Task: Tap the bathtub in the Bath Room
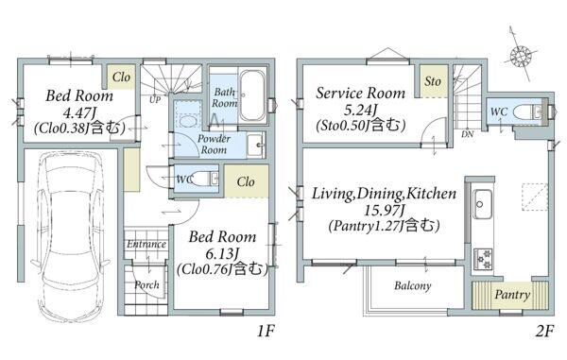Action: [252, 95]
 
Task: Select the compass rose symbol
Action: [521, 56]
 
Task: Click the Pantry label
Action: [512, 295]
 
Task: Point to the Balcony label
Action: [413, 286]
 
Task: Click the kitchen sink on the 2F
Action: [482, 203]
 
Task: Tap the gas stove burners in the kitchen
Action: [482, 259]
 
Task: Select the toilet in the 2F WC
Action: [528, 111]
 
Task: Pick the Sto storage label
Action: [433, 81]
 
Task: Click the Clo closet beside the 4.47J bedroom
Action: [122, 77]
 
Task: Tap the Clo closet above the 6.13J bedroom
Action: [246, 181]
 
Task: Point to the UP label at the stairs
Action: [155, 99]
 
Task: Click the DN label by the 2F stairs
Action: [468, 134]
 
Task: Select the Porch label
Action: [146, 284]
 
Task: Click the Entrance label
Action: [146, 245]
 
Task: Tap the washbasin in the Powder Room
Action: [256, 145]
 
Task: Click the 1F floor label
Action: [266, 331]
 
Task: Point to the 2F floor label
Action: [544, 331]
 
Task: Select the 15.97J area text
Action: [384, 210]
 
